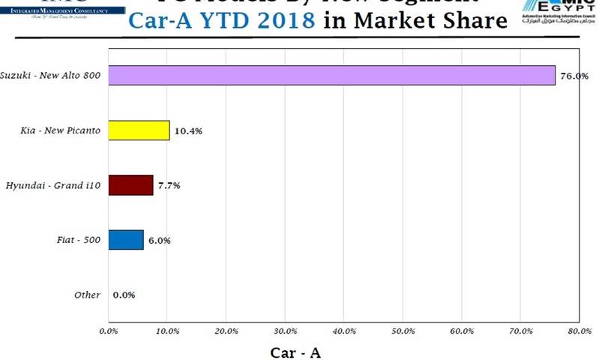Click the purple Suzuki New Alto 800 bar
331,75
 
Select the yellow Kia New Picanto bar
139,130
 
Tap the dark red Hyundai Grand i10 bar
130,184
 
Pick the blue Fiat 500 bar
125,240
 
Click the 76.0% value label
574,76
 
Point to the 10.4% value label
188,131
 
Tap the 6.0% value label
159,241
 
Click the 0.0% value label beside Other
124,295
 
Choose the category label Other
87,295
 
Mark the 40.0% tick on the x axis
344,331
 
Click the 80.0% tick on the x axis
580,331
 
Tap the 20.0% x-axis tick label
226,331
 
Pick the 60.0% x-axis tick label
462,331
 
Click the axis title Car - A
295,351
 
